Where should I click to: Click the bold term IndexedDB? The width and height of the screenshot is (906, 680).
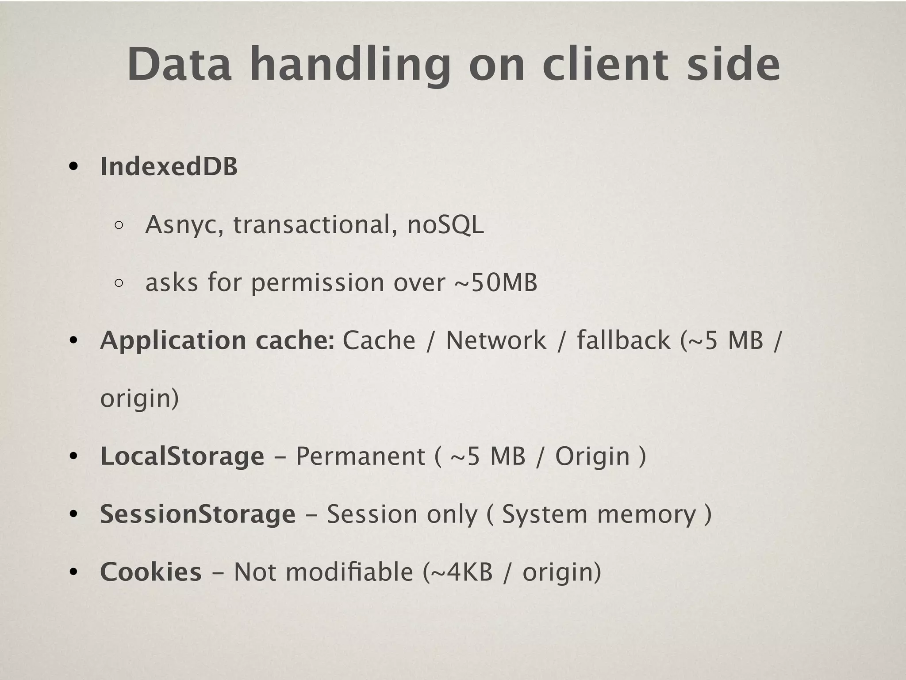pos(169,167)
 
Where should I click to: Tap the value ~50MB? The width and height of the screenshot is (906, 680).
pos(496,283)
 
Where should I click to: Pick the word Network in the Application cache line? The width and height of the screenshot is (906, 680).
pos(496,340)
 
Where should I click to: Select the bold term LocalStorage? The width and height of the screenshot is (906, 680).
pos(182,456)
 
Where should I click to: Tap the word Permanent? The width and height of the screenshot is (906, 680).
pos(360,456)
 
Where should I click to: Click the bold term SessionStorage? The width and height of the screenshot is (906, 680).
pos(198,514)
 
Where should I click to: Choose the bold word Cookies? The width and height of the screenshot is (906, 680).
pos(151,572)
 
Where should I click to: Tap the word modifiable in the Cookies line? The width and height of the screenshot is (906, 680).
pos(349,572)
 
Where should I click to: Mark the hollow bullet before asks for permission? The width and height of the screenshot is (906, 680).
pos(119,283)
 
